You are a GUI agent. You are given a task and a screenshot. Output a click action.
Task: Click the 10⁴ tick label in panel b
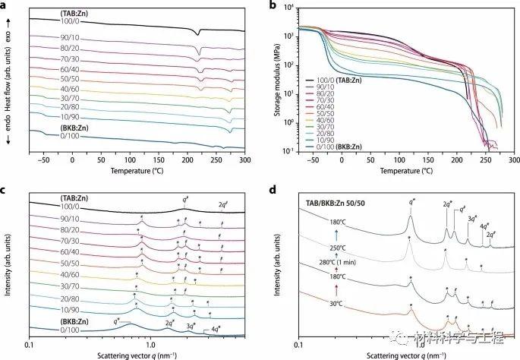pyautogui.click(x=288, y=8)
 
